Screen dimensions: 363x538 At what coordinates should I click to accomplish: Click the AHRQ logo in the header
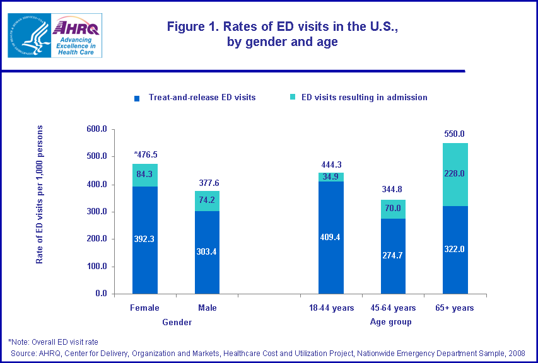[x=75, y=35]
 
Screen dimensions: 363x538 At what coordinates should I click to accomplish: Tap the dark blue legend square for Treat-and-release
[x=136, y=98]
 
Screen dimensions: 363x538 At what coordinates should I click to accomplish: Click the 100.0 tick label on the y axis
[x=96, y=267]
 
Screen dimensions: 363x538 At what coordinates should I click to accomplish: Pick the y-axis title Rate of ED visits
[x=40, y=194]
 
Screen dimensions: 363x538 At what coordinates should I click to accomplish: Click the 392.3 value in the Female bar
[x=144, y=239]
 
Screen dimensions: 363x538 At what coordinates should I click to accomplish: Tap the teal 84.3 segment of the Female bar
[x=144, y=175]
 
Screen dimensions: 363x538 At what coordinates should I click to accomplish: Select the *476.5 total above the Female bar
[x=145, y=154]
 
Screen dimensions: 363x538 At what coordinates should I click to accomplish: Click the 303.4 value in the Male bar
[x=208, y=252]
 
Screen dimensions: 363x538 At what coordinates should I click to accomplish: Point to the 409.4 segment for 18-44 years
[x=331, y=238]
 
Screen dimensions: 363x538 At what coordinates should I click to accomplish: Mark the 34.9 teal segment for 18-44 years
[x=331, y=177]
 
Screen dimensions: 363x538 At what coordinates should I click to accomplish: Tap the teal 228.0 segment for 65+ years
[x=455, y=174]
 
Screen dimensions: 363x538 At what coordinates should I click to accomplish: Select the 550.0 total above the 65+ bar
[x=455, y=134]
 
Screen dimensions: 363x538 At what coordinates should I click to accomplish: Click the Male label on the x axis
[x=207, y=308]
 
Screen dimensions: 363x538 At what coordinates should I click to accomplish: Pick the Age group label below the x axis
[x=390, y=322]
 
